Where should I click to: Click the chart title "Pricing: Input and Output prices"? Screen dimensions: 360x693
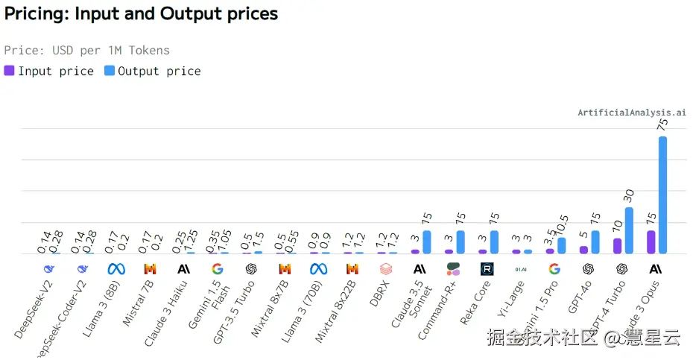coord(141,13)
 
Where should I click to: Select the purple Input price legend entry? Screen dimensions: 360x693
coord(49,72)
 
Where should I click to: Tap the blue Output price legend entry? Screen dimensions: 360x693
coord(153,72)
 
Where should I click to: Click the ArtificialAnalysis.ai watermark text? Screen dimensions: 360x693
coord(632,113)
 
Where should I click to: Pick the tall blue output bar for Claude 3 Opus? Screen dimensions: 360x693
coord(662,195)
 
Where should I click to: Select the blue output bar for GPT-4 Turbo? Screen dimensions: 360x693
coord(629,230)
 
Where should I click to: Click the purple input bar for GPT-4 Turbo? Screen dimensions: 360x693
coord(617,246)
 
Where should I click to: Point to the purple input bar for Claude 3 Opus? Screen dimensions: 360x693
coord(651,242)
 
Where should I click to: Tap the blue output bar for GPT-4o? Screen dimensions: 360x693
coord(595,242)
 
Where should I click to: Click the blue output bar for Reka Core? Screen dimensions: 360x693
coord(494,242)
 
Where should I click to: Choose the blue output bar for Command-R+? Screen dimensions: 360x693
coord(461,242)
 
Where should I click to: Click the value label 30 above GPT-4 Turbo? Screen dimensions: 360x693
coord(629,197)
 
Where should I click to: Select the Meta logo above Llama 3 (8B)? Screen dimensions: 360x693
coord(116,269)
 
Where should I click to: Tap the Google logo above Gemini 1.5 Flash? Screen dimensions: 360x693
coord(217,269)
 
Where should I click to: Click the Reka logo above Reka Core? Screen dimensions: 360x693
coord(487,269)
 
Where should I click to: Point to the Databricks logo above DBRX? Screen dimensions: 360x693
coord(385,269)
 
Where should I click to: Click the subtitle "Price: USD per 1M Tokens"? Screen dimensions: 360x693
coord(87,51)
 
